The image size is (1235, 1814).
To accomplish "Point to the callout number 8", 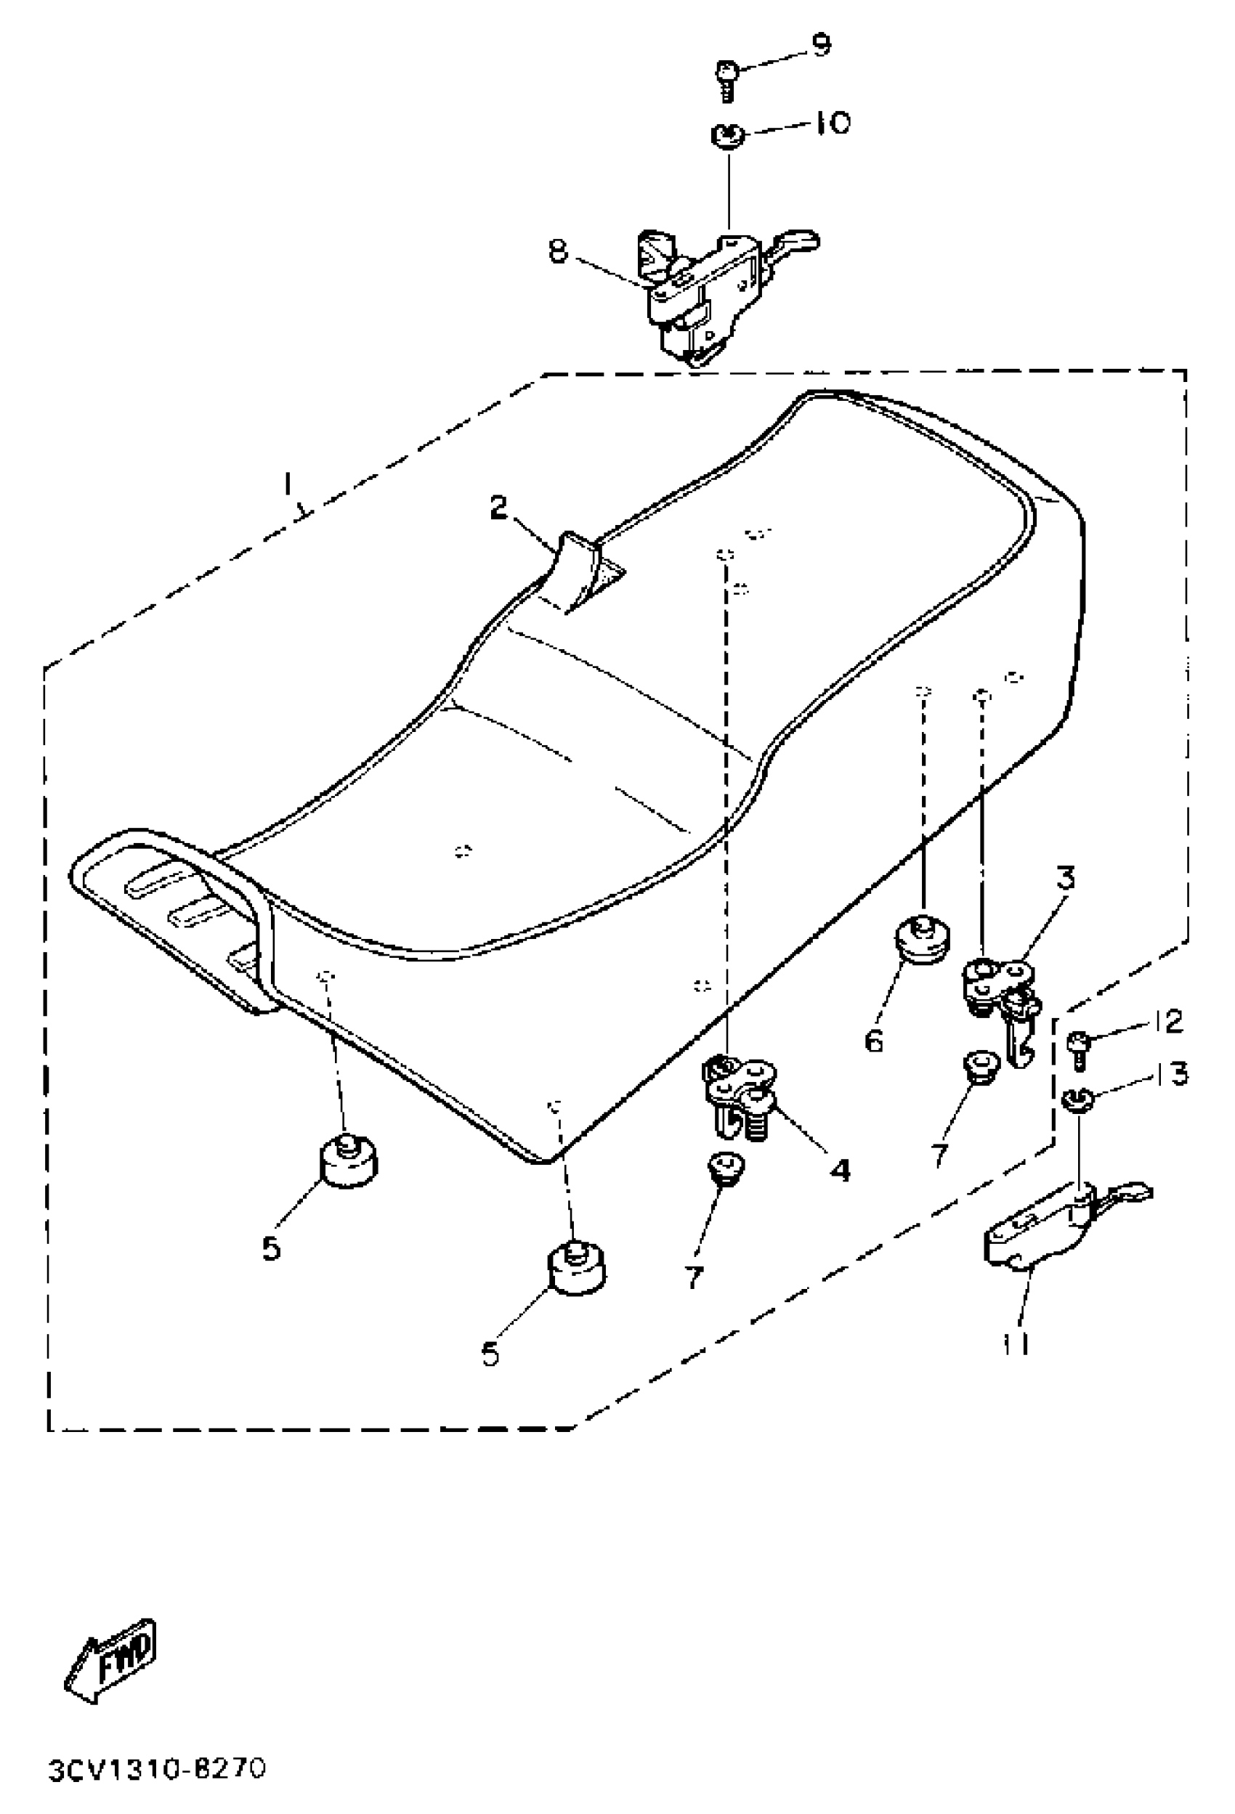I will pos(556,251).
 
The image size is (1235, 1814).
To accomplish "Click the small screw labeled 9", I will pos(725,77).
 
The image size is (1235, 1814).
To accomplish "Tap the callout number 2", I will pos(498,509).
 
